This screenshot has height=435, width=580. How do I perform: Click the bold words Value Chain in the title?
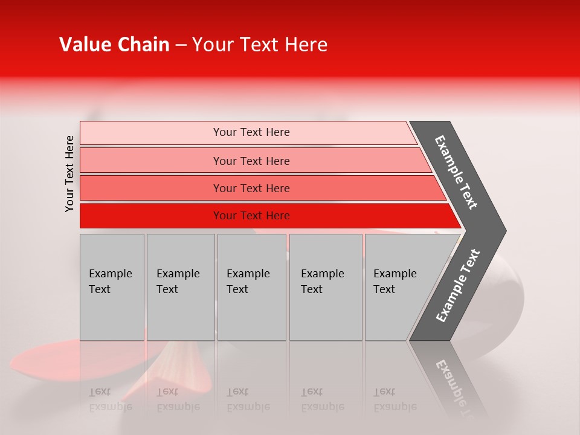[114, 45]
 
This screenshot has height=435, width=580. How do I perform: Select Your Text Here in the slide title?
[260, 45]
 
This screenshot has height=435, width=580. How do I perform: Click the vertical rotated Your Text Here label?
[69, 173]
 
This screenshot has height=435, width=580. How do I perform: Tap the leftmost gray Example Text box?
[112, 286]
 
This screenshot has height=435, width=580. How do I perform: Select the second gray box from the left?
[180, 286]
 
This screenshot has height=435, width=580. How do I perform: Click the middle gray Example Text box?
[251, 286]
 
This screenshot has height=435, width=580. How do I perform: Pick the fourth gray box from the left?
[325, 286]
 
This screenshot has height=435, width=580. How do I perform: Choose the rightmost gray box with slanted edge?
[399, 286]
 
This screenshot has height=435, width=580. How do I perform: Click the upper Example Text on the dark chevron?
[456, 173]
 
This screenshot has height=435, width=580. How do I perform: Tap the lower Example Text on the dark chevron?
[457, 286]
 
